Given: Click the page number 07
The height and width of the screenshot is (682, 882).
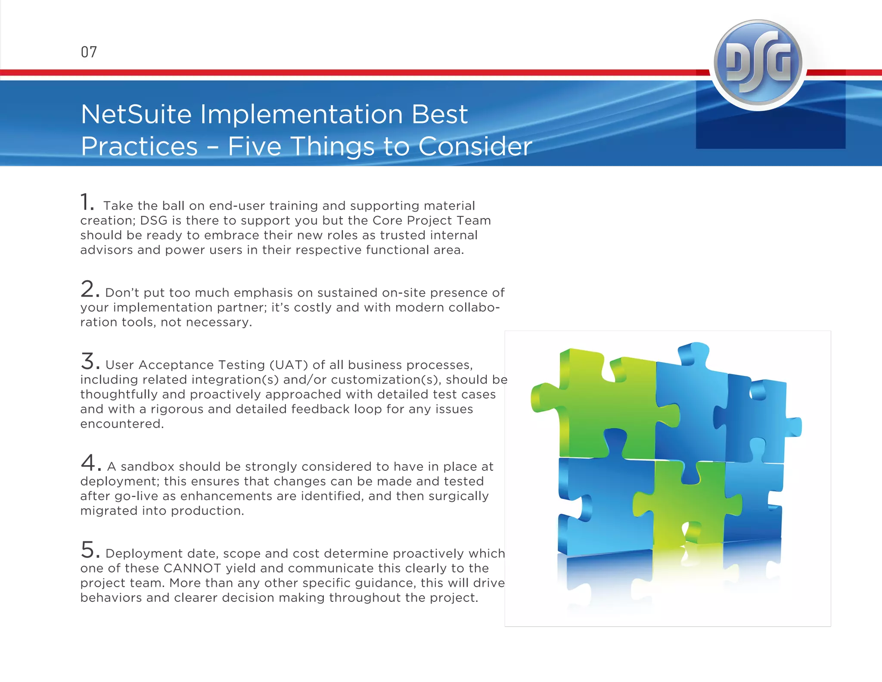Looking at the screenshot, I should (89, 52).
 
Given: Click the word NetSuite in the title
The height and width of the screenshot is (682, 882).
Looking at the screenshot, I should (136, 115).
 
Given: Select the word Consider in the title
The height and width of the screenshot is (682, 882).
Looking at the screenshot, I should (475, 147).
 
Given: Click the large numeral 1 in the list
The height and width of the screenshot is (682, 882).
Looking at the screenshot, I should (85, 202).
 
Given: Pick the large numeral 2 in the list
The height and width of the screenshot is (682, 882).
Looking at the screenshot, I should (87, 289).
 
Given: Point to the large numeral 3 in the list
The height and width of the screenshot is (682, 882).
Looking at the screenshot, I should (87, 361).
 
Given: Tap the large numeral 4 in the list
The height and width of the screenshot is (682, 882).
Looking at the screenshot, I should (89, 463).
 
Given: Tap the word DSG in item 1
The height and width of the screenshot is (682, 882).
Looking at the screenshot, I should (154, 221).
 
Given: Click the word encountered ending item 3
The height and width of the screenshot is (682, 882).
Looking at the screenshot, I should (122, 424).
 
